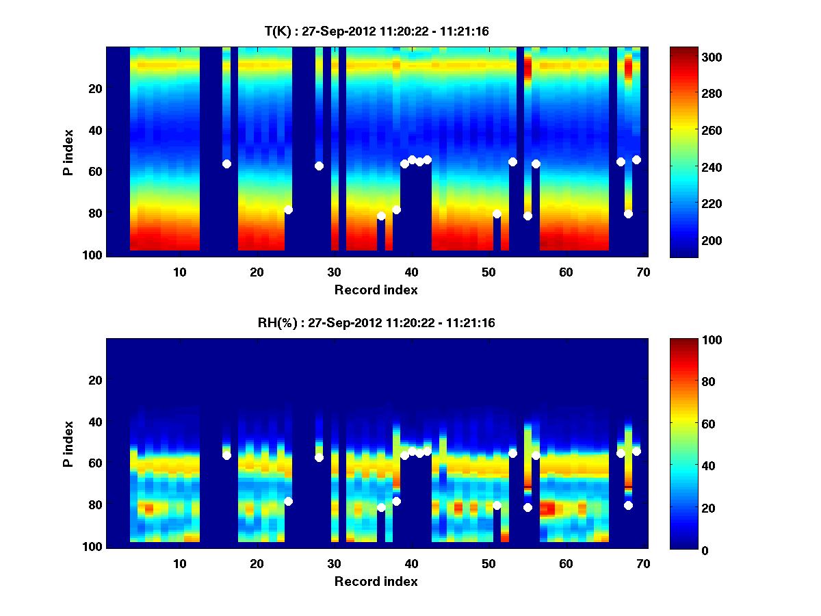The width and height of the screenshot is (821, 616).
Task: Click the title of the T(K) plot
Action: pos(376,31)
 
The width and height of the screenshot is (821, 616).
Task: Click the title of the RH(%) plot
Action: pos(376,322)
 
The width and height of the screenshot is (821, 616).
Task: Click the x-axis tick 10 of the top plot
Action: pos(179,272)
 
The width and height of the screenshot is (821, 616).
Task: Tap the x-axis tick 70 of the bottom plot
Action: pos(642,563)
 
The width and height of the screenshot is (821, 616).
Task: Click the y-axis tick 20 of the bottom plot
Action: pos(95,380)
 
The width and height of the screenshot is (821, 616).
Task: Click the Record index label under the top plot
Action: pos(376,290)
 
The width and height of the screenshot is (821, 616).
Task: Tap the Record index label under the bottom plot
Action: pos(376,581)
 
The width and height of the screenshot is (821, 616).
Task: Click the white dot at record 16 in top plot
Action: pos(226,164)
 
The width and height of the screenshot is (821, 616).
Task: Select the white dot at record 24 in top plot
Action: pos(288,209)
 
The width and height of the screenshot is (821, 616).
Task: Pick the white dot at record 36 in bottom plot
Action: pos(381,507)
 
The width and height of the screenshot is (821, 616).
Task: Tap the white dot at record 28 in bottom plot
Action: pos(319,457)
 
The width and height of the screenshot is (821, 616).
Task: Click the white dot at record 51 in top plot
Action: pos(497,214)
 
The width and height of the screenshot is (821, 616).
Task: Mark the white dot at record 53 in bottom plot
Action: pos(512,453)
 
